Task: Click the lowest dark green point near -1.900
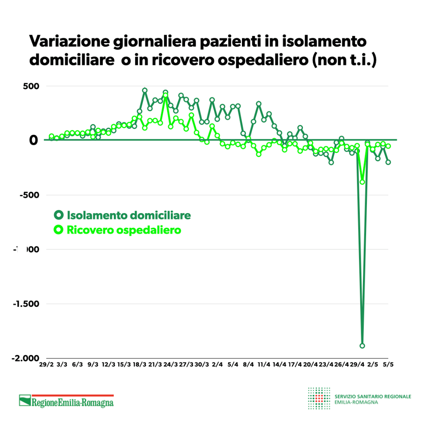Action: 362,346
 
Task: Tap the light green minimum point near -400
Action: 362,181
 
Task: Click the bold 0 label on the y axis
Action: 34,141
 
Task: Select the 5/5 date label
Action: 388,365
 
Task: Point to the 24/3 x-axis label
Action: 170,365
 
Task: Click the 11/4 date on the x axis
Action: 264,365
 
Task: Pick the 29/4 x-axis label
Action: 357,365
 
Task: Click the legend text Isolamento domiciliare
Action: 129,215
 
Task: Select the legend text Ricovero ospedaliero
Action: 124,230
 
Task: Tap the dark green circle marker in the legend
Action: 58,215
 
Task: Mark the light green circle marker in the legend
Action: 58,230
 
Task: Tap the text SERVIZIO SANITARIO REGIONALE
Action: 373,396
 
